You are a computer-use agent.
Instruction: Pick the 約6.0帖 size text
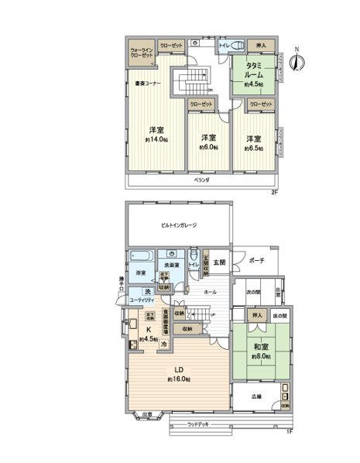pyautogui.click(x=206, y=146)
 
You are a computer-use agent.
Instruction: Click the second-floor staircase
pyautogui.click(x=191, y=82)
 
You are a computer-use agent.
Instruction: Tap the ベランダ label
pyautogui.click(x=201, y=180)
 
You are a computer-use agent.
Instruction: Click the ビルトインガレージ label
pyautogui.click(x=179, y=225)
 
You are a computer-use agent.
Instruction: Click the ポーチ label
pyautogui.click(x=256, y=261)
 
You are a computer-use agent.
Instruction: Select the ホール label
pyautogui.click(x=210, y=293)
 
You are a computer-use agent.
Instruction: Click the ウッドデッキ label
pyautogui.click(x=201, y=424)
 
